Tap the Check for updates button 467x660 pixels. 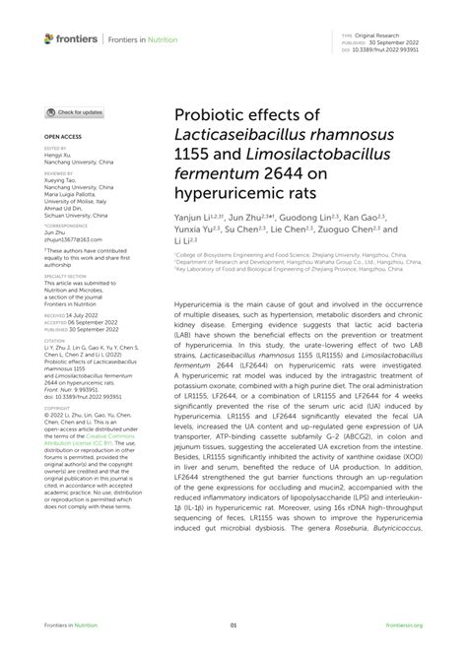[x=75, y=113]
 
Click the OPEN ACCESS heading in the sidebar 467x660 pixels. [x=60, y=138]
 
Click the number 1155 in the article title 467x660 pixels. [x=192, y=157]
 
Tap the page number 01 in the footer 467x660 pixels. [x=233, y=625]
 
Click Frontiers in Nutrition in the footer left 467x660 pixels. [x=66, y=625]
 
